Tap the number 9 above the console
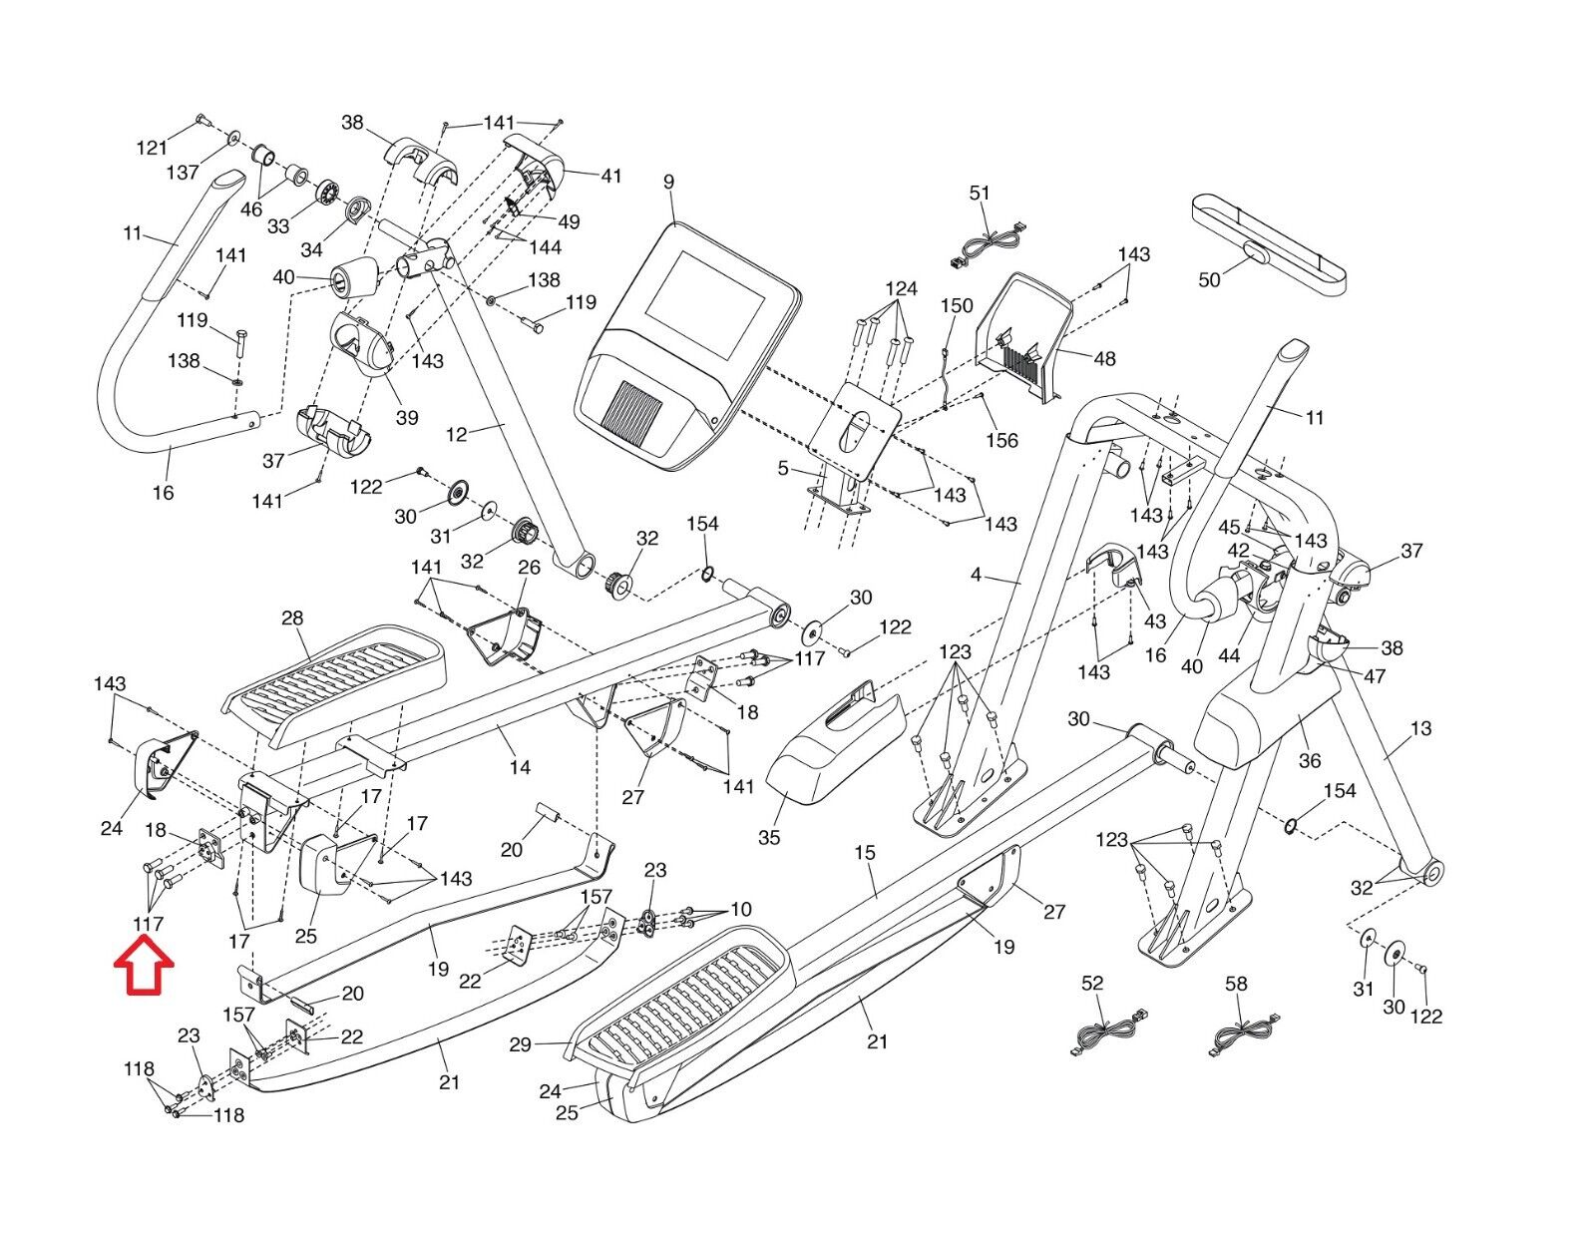pos(668,182)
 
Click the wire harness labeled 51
pos(987,245)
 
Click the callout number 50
pos(1209,279)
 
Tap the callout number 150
pos(957,305)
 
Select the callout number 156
pos(1002,440)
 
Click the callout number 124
pos(901,289)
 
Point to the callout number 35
pos(769,837)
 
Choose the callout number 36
pos(1309,760)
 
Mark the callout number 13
pos(1420,728)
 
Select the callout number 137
pos(183,173)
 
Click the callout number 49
pos(569,221)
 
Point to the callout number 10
pos(740,910)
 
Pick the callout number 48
pos(1104,358)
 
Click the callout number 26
pos(529,567)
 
